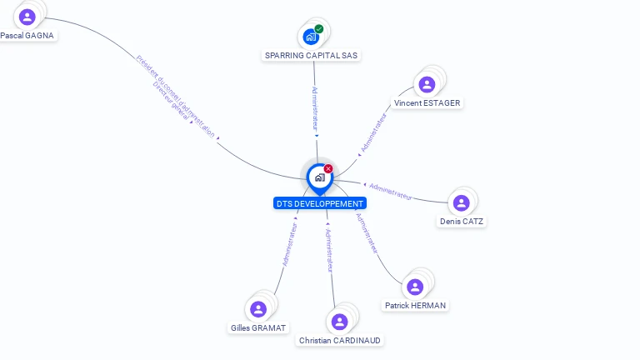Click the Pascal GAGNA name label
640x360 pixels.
point(27,36)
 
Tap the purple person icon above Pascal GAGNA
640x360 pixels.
point(27,17)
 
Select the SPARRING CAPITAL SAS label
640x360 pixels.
point(312,55)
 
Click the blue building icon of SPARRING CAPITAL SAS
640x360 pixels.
point(310,37)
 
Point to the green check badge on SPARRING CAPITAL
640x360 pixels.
point(319,29)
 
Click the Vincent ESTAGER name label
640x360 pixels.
point(427,102)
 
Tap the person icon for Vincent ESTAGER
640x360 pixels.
point(427,84)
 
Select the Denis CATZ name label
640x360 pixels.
point(462,222)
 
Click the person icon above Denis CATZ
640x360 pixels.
point(462,202)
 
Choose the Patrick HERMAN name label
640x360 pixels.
point(415,306)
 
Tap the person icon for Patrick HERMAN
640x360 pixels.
point(415,287)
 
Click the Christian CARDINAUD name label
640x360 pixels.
point(340,340)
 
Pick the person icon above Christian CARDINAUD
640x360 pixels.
point(339,321)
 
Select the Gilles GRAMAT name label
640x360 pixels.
point(258,327)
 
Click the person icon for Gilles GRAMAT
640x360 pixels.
point(258,309)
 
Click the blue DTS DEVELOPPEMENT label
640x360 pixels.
point(320,203)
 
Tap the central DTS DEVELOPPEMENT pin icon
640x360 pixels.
point(319,177)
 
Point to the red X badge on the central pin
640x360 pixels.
point(328,168)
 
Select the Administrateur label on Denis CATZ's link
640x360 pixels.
point(391,191)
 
